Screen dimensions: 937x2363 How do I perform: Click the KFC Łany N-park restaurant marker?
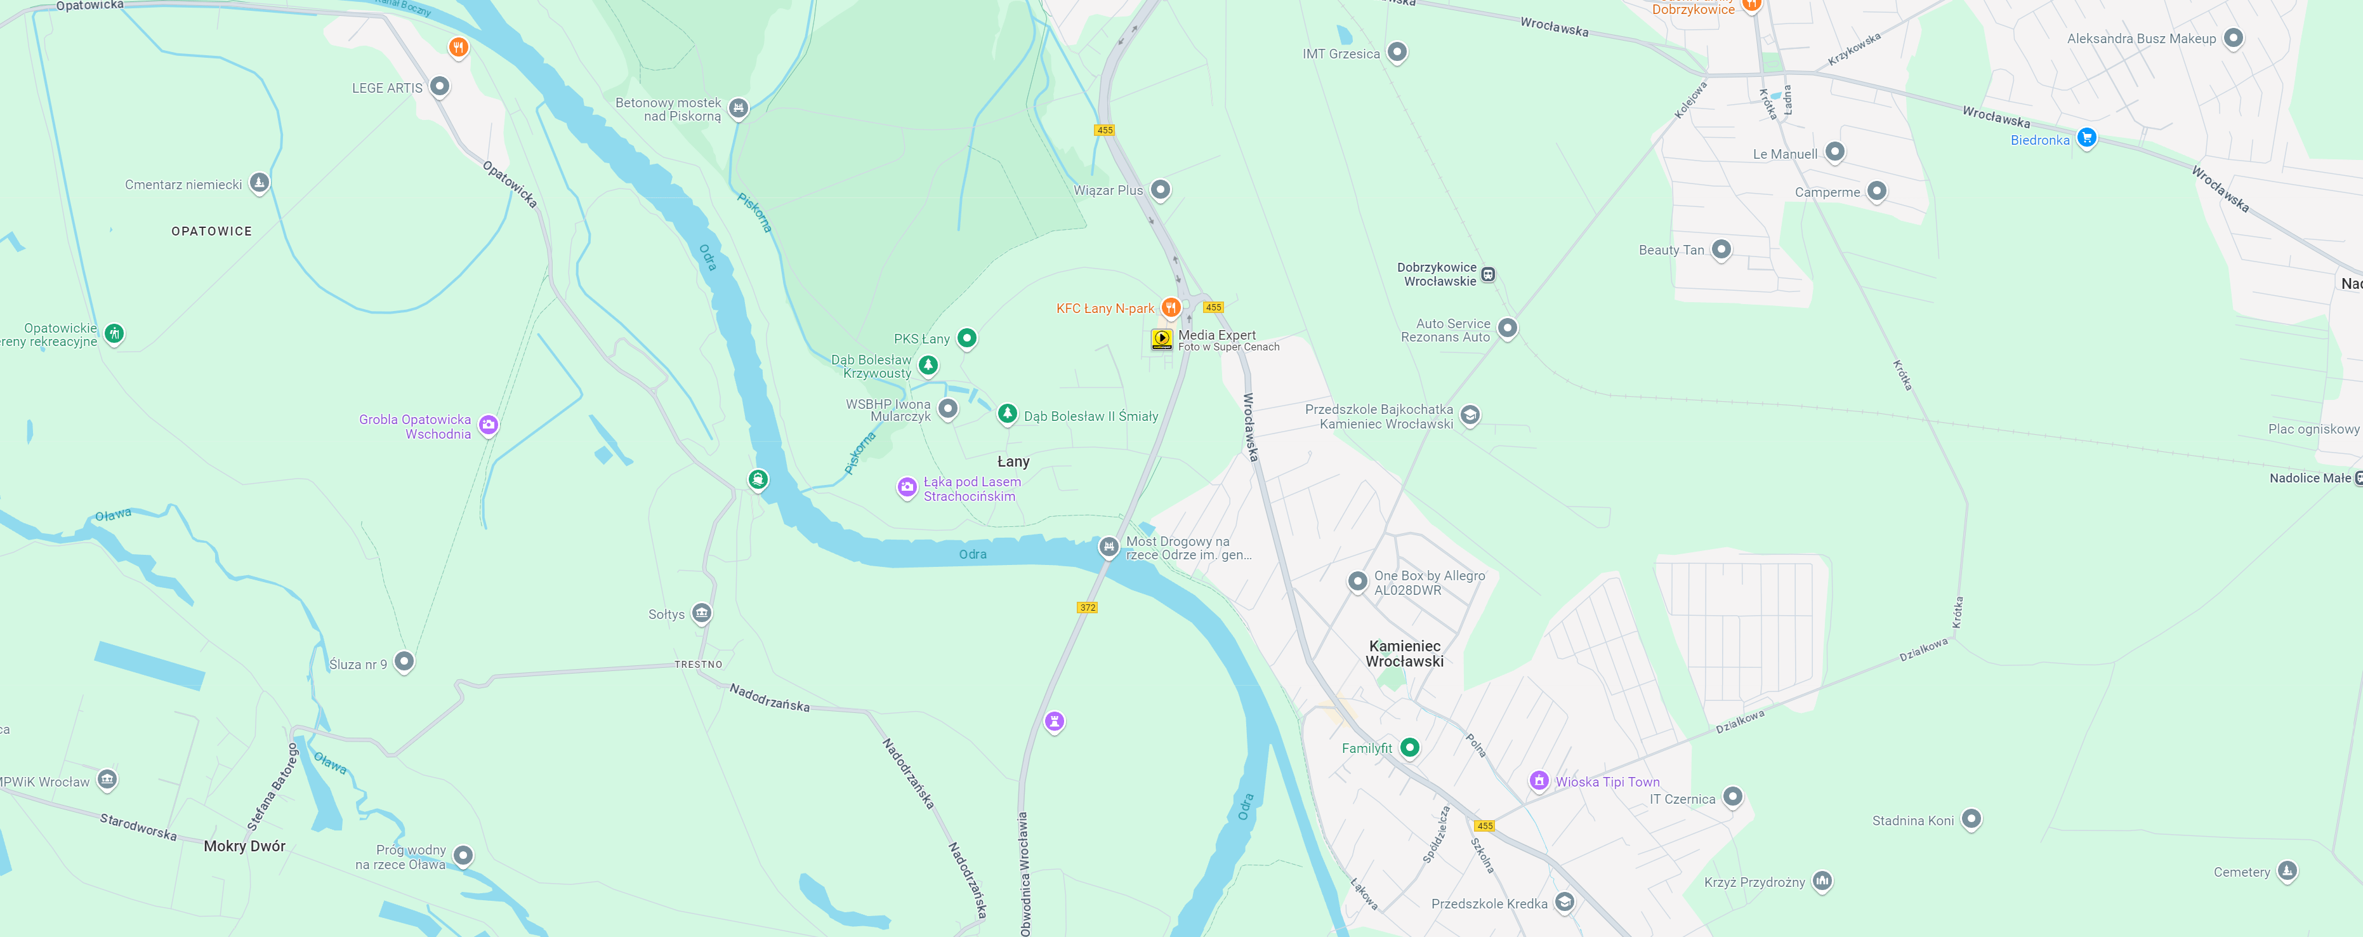[1171, 307]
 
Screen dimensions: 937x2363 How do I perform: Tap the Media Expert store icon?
[1161, 338]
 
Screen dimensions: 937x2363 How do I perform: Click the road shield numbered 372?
[1087, 608]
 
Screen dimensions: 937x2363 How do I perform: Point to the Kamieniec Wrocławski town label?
[1404, 653]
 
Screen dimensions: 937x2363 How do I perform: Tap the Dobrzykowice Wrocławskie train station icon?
[1488, 274]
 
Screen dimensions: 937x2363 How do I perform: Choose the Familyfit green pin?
[1410, 747]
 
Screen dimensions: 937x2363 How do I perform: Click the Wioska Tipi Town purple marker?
[1538, 780]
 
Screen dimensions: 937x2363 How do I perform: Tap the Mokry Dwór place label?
[244, 846]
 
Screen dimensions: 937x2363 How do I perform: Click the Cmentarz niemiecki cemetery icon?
[260, 183]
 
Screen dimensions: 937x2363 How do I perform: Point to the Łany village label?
[1013, 462]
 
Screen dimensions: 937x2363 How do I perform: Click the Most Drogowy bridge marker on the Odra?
[1108, 547]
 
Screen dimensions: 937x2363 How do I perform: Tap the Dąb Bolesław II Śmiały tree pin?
[1007, 414]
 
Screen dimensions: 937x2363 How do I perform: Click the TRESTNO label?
[698, 665]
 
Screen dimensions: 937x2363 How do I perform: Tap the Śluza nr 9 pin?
[404, 661]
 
